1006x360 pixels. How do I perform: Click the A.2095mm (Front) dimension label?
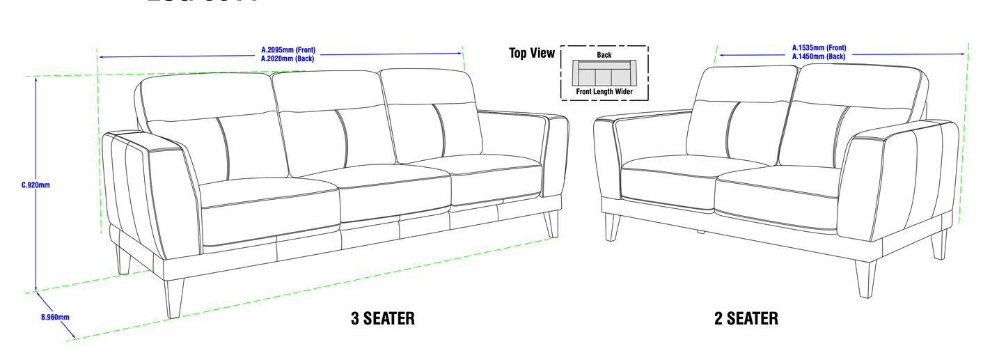pyautogui.click(x=288, y=50)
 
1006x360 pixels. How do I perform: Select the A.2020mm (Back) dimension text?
pyautogui.click(x=287, y=59)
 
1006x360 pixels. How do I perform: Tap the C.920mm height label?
pyautogui.click(x=36, y=185)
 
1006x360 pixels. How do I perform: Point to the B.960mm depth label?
pyautogui.click(x=55, y=318)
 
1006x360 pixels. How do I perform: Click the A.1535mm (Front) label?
pyautogui.click(x=819, y=48)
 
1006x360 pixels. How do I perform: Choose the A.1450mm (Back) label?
pyautogui.click(x=819, y=56)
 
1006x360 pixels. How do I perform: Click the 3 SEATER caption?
pyautogui.click(x=382, y=319)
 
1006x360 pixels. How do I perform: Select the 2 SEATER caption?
pyautogui.click(x=746, y=319)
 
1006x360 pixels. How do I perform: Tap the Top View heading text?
pyautogui.click(x=532, y=54)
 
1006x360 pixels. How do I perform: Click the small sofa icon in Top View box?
pyautogui.click(x=604, y=72)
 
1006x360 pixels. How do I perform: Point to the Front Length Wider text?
pyautogui.click(x=604, y=91)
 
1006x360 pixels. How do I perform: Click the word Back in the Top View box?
pyautogui.click(x=604, y=54)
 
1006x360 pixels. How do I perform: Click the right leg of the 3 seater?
pyautogui.click(x=551, y=224)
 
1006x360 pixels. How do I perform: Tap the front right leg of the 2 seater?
pyautogui.click(x=865, y=279)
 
